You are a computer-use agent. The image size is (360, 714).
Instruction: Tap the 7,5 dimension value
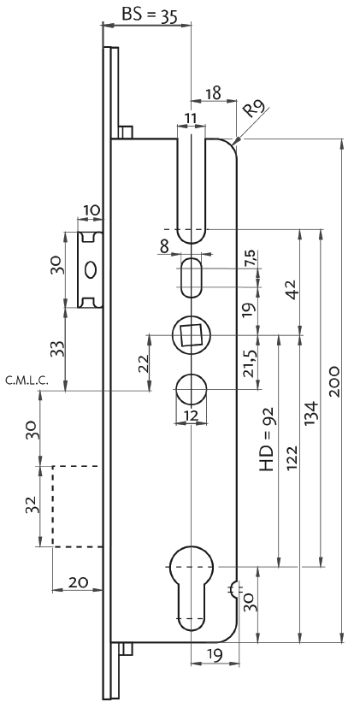pos(250,258)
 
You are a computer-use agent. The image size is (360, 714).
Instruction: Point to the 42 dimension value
pos(291,289)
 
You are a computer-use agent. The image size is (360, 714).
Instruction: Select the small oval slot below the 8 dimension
pos(191,278)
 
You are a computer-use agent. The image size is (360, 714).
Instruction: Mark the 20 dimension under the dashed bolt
pos(78,582)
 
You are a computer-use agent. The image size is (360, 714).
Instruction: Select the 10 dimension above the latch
pos(91,209)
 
